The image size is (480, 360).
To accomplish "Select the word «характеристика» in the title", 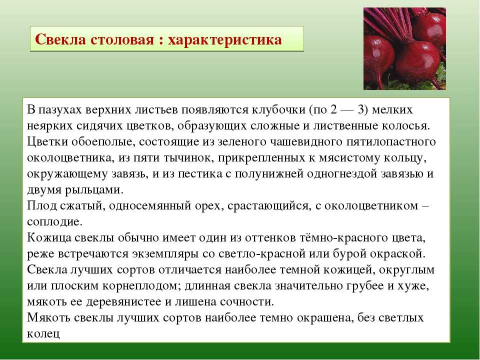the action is point(225,40).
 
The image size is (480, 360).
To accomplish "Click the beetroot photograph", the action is point(404,48).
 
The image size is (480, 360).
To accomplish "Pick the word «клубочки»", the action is point(278,109).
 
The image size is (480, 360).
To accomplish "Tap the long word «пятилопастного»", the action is point(391,142).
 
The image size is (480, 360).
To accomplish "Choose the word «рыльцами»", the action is point(94,190).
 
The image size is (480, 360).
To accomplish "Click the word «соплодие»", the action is point(55,222).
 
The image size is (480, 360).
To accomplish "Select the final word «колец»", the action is point(43,334).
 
